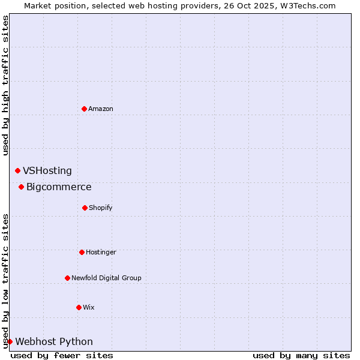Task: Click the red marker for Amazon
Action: (x=84, y=109)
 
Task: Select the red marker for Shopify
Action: (x=85, y=208)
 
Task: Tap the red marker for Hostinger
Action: (x=82, y=252)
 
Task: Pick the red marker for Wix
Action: (x=79, y=307)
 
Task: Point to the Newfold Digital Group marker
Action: (x=67, y=278)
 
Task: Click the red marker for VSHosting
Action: (x=17, y=171)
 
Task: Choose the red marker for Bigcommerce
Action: (x=21, y=187)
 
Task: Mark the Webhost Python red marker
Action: (x=10, y=341)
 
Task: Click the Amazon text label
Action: (x=101, y=109)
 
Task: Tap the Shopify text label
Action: (x=101, y=208)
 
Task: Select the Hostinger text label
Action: (x=101, y=252)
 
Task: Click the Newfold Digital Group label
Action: (x=106, y=278)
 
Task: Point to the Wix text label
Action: (x=89, y=307)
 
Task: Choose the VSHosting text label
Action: (x=47, y=171)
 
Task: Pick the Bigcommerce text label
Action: (x=59, y=187)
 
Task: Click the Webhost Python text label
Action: (x=54, y=342)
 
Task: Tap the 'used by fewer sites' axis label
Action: (x=62, y=355)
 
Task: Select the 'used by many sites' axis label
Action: (x=301, y=355)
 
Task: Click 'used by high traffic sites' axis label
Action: (x=5, y=85)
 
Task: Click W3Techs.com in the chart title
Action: (x=306, y=5)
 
